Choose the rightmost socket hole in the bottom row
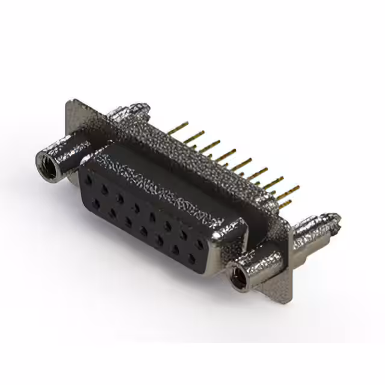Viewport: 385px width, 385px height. [192, 260]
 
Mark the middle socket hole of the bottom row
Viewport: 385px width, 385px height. [144, 231]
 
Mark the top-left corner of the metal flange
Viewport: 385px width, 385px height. [68, 102]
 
